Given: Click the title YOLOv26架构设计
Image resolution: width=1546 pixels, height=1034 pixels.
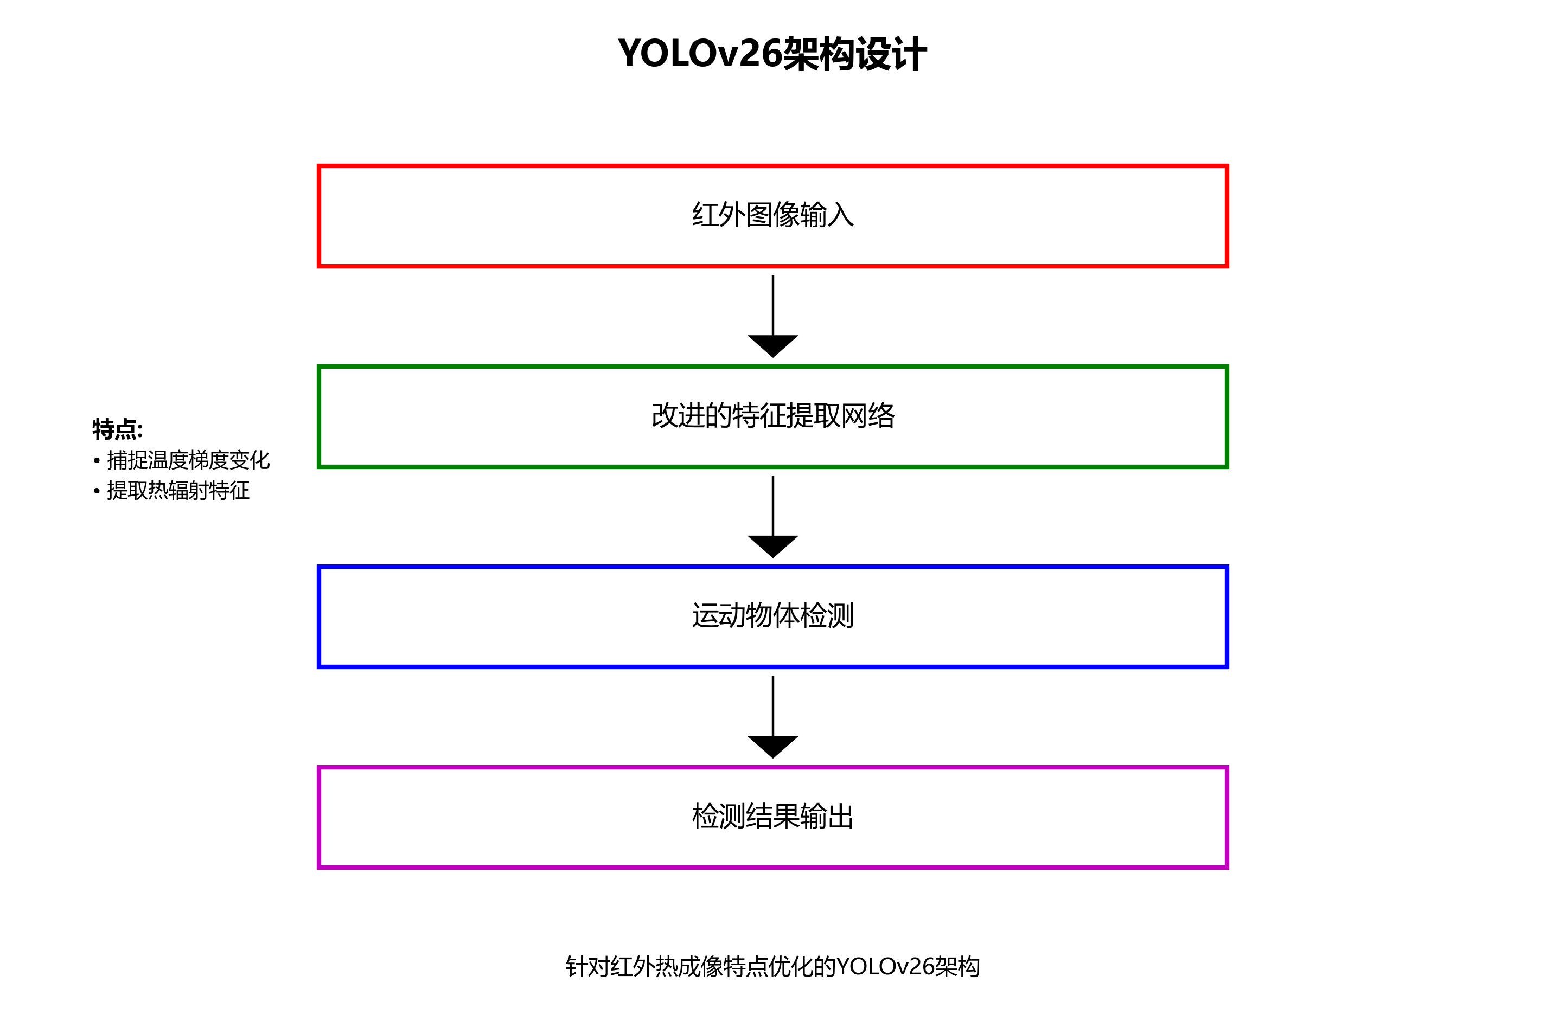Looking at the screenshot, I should click(772, 54).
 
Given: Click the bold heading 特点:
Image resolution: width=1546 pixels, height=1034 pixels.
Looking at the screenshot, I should click(117, 429).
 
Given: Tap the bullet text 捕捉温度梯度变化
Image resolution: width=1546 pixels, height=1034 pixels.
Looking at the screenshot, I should click(188, 460).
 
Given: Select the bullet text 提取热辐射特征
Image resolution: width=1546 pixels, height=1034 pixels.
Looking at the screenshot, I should click(178, 491).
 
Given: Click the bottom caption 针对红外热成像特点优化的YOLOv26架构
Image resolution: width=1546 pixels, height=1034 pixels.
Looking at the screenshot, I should click(772, 967).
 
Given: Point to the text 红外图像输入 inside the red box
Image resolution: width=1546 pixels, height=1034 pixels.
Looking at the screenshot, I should click(773, 215).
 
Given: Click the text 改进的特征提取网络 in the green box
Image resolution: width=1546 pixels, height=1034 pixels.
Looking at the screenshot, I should click(773, 415).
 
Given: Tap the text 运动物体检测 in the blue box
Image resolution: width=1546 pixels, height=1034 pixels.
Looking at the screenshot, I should click(773, 616).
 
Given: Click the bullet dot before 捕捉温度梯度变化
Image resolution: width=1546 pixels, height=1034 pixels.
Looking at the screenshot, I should click(97, 461).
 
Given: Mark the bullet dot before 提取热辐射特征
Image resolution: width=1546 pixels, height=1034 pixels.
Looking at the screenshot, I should click(97, 491).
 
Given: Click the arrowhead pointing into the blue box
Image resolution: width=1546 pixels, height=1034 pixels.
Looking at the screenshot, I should click(773, 546).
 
